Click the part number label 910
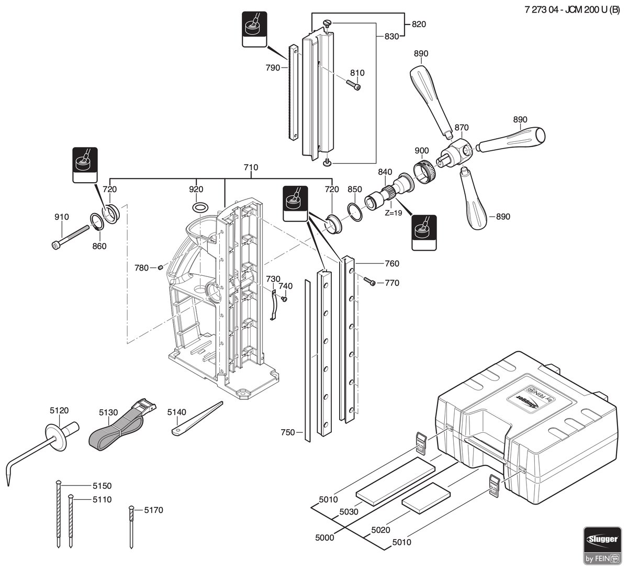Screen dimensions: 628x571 tap(62, 217)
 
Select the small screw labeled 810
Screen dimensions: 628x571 tap(353, 85)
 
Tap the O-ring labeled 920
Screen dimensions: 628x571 tap(200, 207)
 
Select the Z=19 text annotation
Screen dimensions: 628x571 tap(393, 213)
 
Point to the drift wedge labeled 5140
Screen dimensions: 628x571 tap(197, 419)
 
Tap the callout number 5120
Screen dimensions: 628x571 tap(59, 410)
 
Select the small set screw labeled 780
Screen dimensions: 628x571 tap(160, 267)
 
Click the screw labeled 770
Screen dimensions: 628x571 tap(369, 281)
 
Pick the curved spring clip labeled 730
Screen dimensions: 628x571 tap(273, 305)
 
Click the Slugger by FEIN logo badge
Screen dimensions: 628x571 tap(602, 546)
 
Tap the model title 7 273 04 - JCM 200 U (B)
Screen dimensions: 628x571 tap(573, 10)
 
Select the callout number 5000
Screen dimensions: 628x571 tap(324, 538)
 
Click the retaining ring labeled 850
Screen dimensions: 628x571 tap(355, 212)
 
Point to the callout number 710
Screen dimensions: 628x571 tap(251, 167)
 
